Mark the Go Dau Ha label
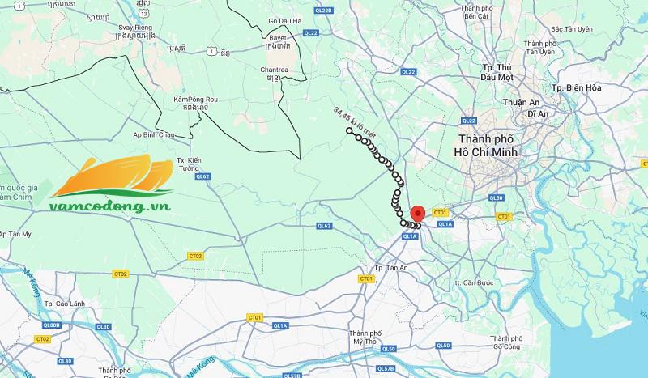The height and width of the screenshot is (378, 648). (x=283, y=20)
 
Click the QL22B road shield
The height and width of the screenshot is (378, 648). (x=324, y=10)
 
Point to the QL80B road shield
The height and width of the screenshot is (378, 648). (x=51, y=325)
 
